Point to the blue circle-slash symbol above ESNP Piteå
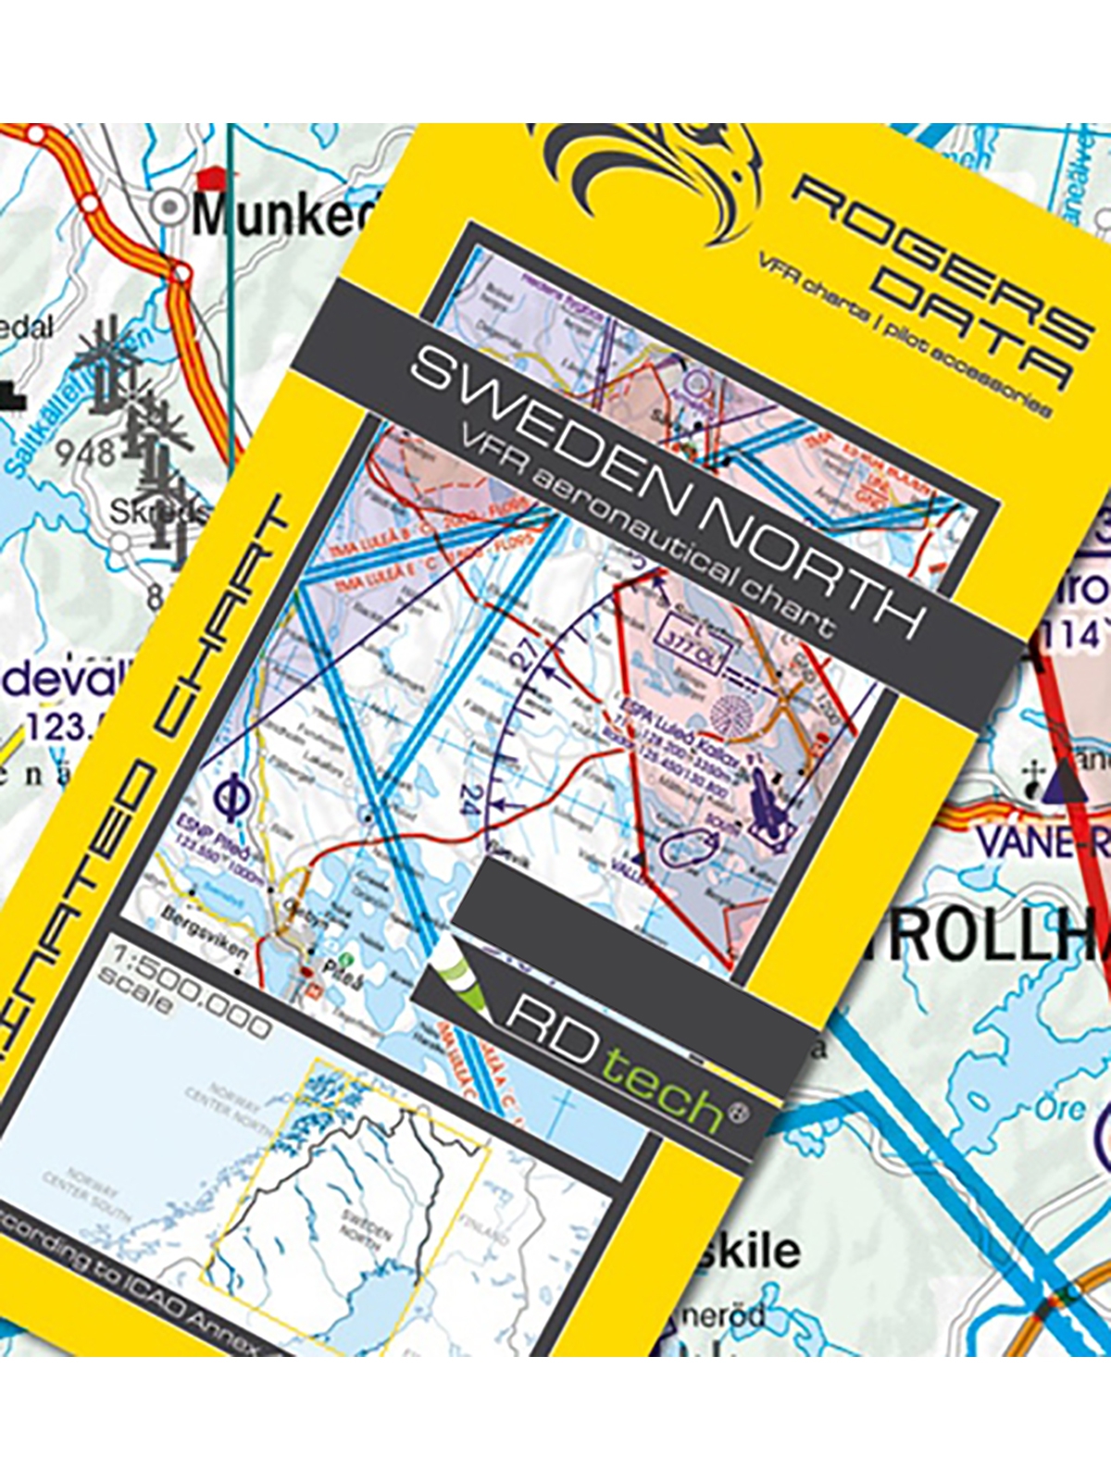pyautogui.click(x=229, y=796)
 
